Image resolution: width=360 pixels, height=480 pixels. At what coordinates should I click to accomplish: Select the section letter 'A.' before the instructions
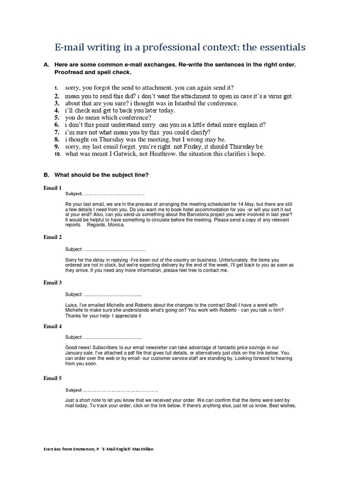(46, 64)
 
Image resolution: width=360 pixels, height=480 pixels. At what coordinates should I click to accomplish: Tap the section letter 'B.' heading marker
(46, 174)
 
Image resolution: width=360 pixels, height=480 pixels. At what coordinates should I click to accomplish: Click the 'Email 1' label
(52, 188)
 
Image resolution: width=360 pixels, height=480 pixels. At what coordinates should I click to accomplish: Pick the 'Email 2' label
(52, 237)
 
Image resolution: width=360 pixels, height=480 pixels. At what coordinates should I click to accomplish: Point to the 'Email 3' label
(52, 283)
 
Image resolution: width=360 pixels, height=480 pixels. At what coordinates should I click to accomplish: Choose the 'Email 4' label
(52, 326)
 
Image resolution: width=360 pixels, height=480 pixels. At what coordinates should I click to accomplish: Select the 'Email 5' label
(52, 378)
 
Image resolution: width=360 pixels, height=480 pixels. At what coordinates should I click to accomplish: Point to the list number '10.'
(57, 154)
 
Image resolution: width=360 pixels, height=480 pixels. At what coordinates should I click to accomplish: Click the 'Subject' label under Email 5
(74, 390)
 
